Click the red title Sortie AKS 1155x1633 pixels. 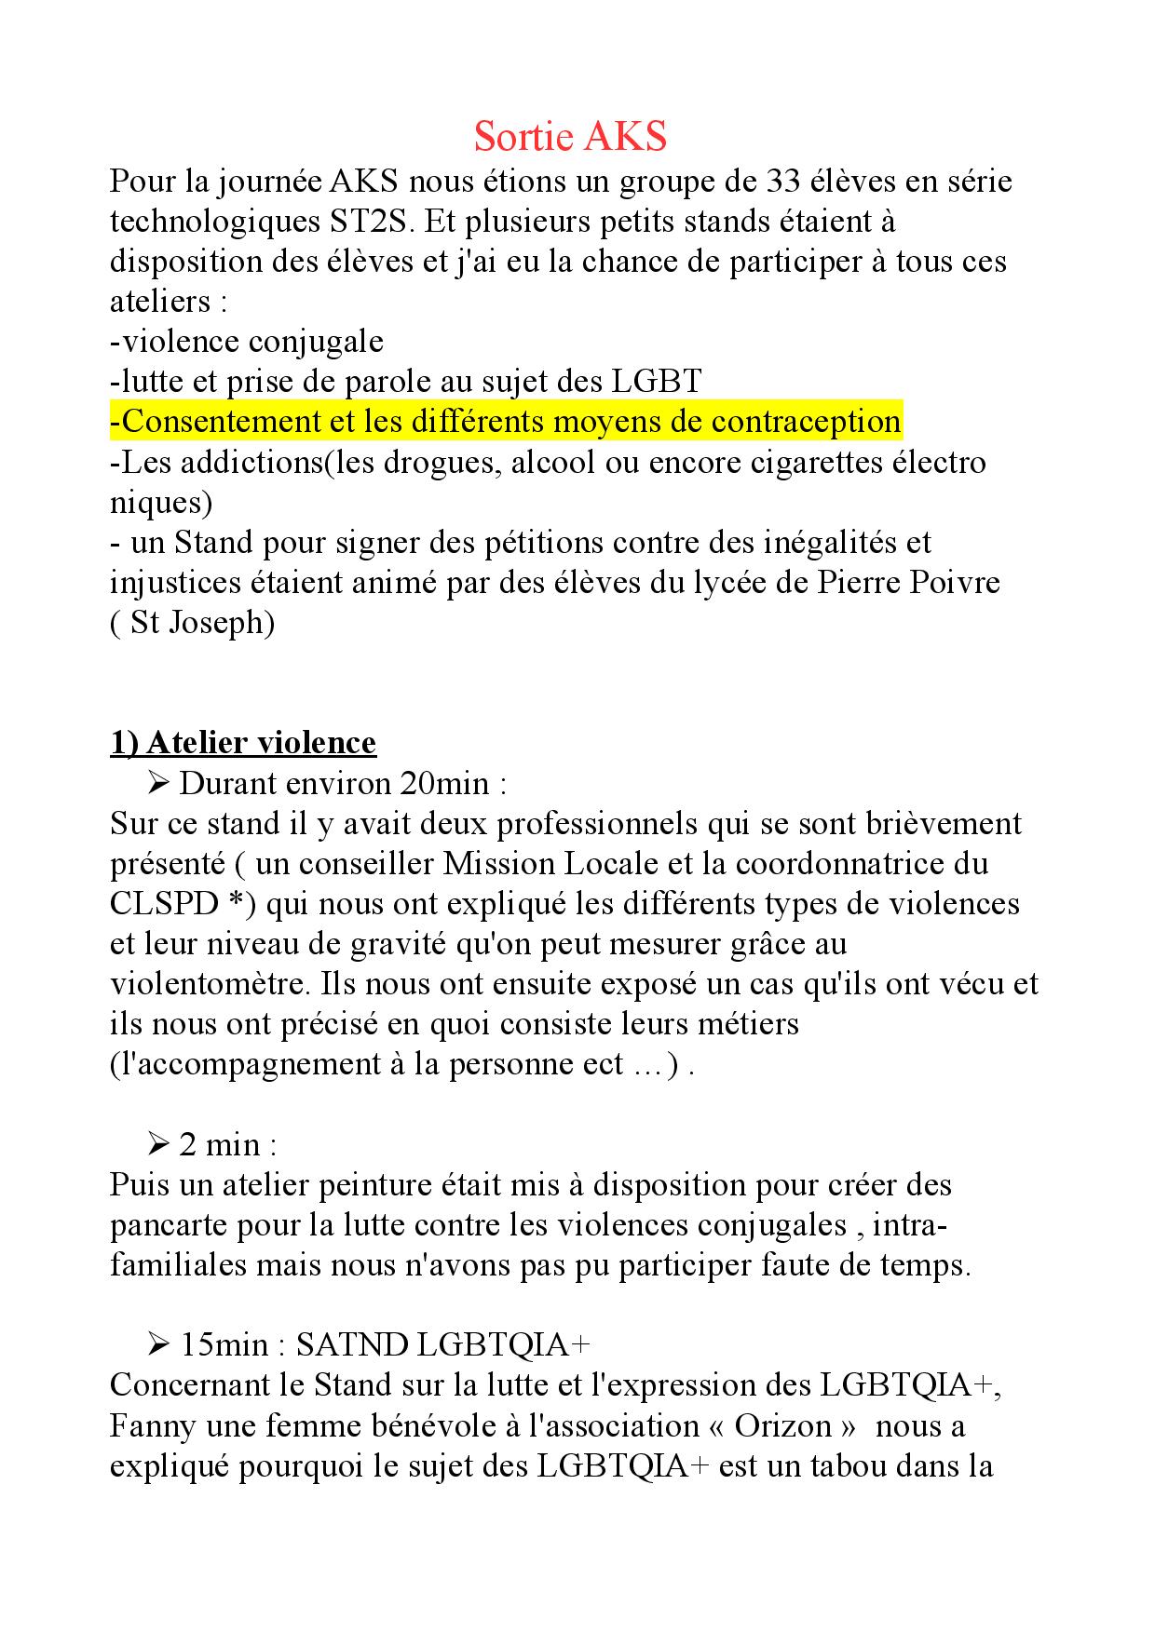[570, 137]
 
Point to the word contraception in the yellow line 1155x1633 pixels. [806, 422]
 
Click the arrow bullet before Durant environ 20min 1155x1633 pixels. [156, 784]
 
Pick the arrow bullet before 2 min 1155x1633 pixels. [156, 1144]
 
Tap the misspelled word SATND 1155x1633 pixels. [353, 1345]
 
